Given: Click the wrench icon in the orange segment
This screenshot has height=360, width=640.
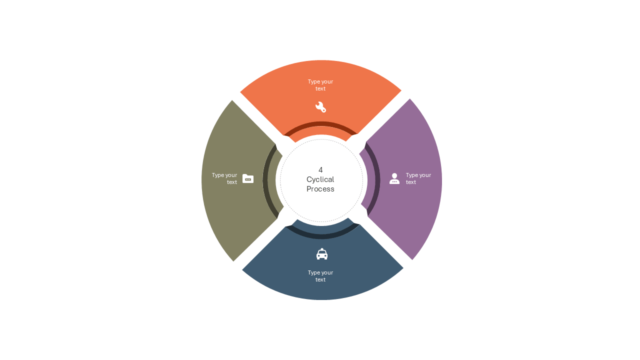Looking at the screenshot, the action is pyautogui.click(x=320, y=107).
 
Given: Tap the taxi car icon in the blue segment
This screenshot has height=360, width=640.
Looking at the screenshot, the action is pyautogui.click(x=321, y=253).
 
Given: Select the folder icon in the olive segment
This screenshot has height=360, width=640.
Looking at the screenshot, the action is pyautogui.click(x=247, y=178).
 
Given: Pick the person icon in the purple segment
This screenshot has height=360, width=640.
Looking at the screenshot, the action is pyautogui.click(x=394, y=178).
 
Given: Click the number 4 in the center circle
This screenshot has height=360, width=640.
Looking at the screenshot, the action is pyautogui.click(x=320, y=170).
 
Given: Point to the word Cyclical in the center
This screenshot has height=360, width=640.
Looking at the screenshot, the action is pyautogui.click(x=320, y=179).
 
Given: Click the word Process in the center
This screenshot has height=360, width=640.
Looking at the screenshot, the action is pyautogui.click(x=320, y=189).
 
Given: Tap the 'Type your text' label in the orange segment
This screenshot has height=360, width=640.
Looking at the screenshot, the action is pyautogui.click(x=320, y=85).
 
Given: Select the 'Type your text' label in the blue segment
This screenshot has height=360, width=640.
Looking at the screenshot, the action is pyautogui.click(x=320, y=276).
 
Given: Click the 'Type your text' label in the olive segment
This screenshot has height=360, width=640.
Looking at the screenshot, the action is pyautogui.click(x=224, y=178).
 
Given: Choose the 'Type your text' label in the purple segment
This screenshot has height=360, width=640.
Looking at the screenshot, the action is pyautogui.click(x=418, y=178).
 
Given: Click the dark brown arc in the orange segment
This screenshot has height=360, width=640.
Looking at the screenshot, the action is pyautogui.click(x=320, y=123).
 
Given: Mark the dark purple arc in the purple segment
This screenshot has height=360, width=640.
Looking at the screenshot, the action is pyautogui.click(x=377, y=179).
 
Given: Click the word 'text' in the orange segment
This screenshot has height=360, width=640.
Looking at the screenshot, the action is pyautogui.click(x=320, y=88).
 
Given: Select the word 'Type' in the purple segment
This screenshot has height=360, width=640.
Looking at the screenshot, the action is pyautogui.click(x=411, y=175).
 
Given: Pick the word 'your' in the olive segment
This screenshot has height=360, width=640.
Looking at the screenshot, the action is pyautogui.click(x=231, y=175).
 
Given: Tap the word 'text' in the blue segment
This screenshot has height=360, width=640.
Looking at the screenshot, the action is pyautogui.click(x=320, y=279).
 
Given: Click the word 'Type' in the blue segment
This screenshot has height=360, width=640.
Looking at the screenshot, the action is pyautogui.click(x=313, y=273).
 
